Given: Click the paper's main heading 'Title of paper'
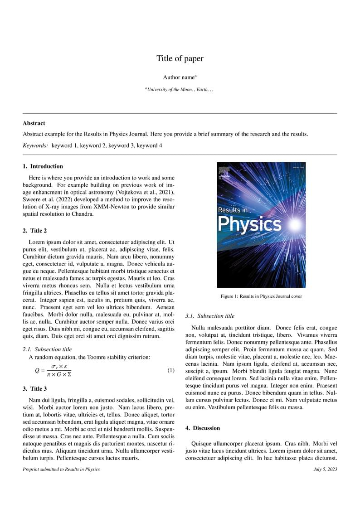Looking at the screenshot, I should pos(180,58).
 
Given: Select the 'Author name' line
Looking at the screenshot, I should pos(180,78).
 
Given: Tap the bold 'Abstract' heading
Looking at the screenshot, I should pos(34,123).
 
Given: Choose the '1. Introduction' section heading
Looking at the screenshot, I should pos(43,166).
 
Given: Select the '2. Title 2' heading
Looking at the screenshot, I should pos(35,231).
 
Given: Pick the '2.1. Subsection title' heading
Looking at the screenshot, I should pos(47,349).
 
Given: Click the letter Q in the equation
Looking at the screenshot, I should pos(37,371).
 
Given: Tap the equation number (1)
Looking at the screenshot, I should pos(171,371).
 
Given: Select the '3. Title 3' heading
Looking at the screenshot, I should pos(35,388).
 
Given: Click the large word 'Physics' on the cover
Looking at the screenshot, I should pos(249,224).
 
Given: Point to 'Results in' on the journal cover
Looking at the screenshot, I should pos(233,210).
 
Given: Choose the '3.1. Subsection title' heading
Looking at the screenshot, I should pos(210,316).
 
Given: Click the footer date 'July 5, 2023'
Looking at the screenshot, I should pos(325,469).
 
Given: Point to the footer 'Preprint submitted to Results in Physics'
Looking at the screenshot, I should pos(61,469).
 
